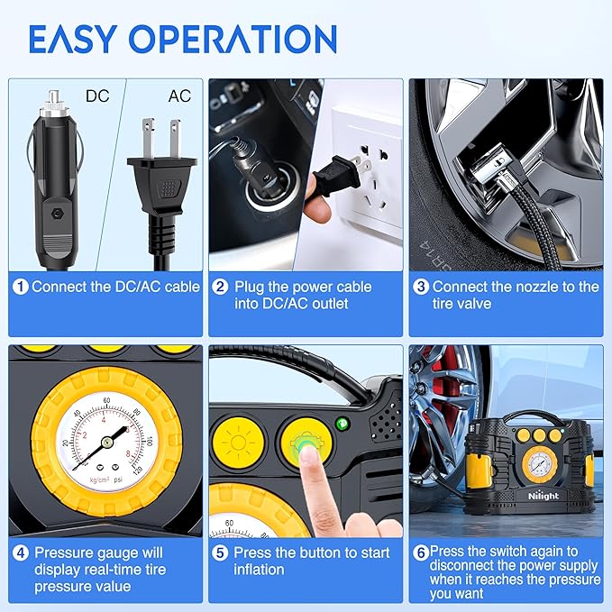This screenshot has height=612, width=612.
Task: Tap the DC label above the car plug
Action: click(96, 95)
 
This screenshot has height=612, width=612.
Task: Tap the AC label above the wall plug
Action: click(179, 95)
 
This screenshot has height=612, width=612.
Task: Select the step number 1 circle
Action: click(21, 287)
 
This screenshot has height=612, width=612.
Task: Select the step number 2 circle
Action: click(221, 287)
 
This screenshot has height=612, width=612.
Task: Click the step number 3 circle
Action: click(421, 287)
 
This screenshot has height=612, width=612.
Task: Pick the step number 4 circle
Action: click(21, 553)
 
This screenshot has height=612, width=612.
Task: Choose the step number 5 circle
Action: click(221, 553)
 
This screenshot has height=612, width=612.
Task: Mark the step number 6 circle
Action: click(420, 551)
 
